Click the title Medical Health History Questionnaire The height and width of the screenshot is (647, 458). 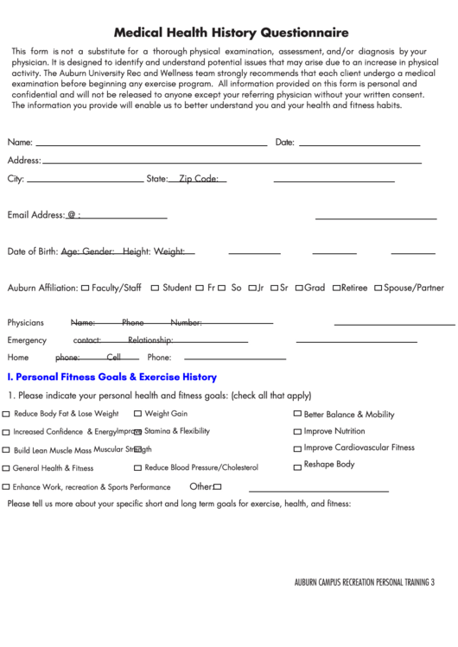228,33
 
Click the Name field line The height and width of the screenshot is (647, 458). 151,143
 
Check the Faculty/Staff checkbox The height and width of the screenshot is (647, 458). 85,288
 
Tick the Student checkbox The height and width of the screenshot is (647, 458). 155,288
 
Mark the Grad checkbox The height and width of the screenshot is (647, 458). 298,288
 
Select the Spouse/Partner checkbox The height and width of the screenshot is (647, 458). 378,288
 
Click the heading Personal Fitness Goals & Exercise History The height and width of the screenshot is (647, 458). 111,377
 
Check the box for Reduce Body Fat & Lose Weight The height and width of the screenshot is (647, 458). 7,414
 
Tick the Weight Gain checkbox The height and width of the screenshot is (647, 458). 138,414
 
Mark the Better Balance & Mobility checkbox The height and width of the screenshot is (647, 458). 297,414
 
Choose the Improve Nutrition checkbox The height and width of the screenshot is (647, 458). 297,431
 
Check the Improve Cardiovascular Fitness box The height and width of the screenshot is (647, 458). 297,448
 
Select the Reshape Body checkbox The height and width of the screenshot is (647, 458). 297,466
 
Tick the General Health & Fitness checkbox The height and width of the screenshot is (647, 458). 7,468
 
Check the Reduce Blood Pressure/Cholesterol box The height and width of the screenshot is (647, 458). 138,467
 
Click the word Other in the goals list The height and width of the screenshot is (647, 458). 200,486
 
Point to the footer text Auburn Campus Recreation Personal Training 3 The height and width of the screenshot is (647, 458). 364,581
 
